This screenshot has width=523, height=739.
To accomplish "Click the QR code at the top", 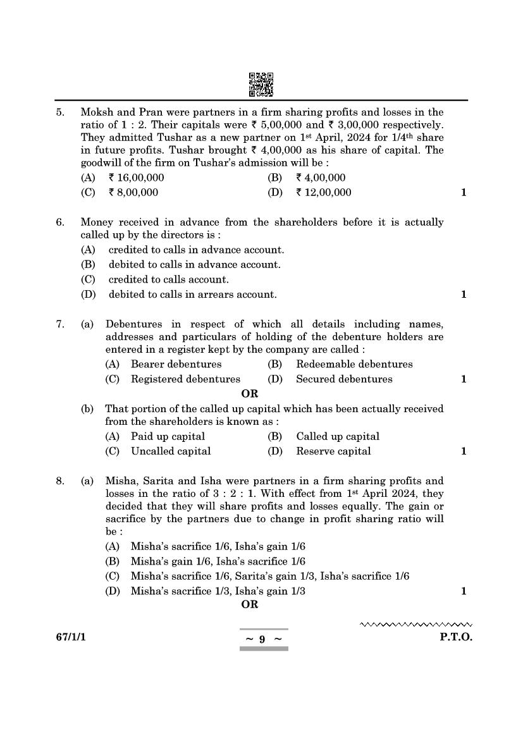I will [x=261, y=85].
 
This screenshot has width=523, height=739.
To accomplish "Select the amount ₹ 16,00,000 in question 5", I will [x=136, y=178].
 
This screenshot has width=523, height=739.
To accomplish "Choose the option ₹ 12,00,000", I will [x=323, y=192].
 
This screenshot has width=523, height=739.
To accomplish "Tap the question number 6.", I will [x=60, y=222].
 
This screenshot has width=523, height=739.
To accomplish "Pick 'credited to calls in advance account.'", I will [x=196, y=250].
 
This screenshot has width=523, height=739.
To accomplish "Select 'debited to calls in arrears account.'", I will [x=192, y=294].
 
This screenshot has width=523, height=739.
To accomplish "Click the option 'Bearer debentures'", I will [x=176, y=364].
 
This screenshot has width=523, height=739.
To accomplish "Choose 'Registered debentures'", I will [x=185, y=379].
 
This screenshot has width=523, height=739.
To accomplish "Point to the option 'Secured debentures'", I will [x=344, y=379].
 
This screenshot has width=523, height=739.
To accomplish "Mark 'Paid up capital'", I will [x=168, y=436].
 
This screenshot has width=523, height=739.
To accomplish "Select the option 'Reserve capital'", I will [x=333, y=451].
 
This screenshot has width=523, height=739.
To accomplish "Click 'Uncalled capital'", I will [x=171, y=451].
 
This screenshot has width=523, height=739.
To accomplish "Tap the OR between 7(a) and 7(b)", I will [x=250, y=394].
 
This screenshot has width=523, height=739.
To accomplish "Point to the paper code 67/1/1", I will [x=70, y=637].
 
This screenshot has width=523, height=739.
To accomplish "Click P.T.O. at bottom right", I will [x=456, y=637].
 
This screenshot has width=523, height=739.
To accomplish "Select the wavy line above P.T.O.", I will [x=416, y=625].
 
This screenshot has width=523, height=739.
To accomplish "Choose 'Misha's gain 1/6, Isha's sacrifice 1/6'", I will [x=218, y=561].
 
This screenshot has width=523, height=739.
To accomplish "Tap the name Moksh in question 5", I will [x=95, y=113].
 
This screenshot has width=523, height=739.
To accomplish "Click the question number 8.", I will [x=60, y=481].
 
